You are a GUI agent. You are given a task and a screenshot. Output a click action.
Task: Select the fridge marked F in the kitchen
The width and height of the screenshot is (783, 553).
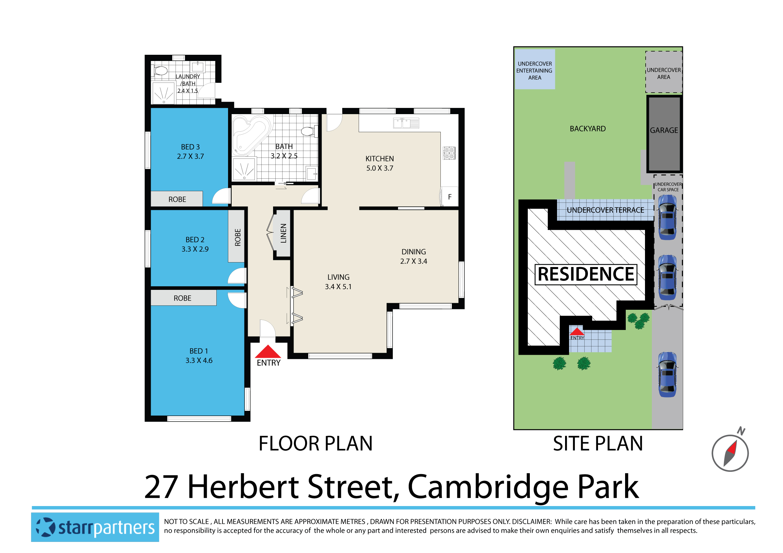pyautogui.click(x=450, y=197)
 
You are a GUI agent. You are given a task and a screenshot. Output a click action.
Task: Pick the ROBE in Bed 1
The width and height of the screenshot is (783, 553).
pyautogui.click(x=183, y=298)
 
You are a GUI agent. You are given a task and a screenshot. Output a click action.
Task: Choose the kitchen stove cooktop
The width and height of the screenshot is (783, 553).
pyautogui.click(x=449, y=153)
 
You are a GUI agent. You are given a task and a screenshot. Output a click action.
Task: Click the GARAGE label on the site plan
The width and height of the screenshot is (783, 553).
pyautogui.click(x=664, y=130)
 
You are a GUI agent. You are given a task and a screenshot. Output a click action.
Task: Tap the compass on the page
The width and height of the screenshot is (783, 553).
pyautogui.click(x=730, y=453)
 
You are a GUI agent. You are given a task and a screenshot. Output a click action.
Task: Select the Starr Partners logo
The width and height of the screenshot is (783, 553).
pyautogui.click(x=95, y=527)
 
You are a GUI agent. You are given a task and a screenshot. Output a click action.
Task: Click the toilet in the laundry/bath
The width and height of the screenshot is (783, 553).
pyautogui.click(x=160, y=71)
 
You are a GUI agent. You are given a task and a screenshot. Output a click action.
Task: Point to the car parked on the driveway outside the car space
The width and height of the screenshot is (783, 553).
pyautogui.click(x=667, y=374)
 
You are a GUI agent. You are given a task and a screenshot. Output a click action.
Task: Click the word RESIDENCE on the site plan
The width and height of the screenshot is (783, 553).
pyautogui.click(x=586, y=274)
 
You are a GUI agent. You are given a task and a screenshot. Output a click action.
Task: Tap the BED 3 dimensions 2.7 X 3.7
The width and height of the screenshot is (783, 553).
pyautogui.click(x=190, y=157)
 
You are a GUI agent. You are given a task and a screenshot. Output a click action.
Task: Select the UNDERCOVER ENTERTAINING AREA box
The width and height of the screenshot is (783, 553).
pyautogui.click(x=534, y=69)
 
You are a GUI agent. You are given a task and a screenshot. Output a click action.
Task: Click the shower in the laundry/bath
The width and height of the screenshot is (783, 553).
pyautogui.click(x=163, y=93)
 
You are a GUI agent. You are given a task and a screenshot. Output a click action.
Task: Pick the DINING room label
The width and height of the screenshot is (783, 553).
pyautogui.click(x=413, y=252)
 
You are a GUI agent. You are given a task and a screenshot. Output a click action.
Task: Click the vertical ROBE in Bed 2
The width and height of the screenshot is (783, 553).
pyautogui.click(x=238, y=236)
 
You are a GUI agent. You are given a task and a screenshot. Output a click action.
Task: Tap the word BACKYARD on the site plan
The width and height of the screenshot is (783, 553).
pyautogui.click(x=588, y=129)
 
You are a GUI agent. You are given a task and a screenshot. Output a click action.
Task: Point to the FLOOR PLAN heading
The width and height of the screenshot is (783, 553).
pyautogui.click(x=315, y=443)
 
